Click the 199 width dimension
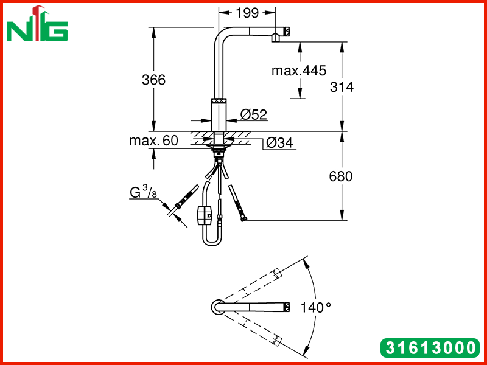[x=247, y=13]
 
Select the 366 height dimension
[x=154, y=80]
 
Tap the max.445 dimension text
[x=299, y=71]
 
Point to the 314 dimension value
[x=342, y=87]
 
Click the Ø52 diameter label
[x=254, y=114]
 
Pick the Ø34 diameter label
[x=279, y=143]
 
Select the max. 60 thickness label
[x=154, y=141]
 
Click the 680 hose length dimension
[x=341, y=176]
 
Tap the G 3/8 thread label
[x=144, y=192]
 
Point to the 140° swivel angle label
[x=315, y=308]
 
